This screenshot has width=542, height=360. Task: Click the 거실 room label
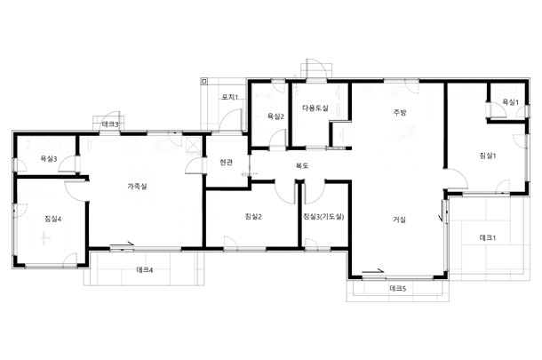pos(399,220)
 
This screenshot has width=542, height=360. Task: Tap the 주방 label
pos(400,112)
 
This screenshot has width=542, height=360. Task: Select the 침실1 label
pos(488,156)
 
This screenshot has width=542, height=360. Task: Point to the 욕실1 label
pos(510,102)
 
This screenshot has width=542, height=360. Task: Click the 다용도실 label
pos(315,108)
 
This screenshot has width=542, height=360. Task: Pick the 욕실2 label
pos(275,116)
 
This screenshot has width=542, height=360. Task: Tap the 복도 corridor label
pos(301,165)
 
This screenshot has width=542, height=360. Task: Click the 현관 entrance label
pos(226,162)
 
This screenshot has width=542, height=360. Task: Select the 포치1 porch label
pos(230,97)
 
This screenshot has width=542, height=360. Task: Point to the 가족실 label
pos(137,186)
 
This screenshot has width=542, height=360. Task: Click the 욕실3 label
pos(49,159)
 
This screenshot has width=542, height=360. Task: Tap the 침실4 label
pos(53,219)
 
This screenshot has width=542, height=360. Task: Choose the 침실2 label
pos(253,217)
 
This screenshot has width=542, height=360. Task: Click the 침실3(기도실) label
pos(323,217)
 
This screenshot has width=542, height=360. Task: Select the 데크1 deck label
pos(488,237)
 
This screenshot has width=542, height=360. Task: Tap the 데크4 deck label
pos(145,269)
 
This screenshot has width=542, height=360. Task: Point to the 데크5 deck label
pos(397,288)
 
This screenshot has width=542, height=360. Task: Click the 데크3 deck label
pos(110,124)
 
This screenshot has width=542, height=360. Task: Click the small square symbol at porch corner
pos(204,82)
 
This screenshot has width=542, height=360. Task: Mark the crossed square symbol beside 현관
pos(193,145)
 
